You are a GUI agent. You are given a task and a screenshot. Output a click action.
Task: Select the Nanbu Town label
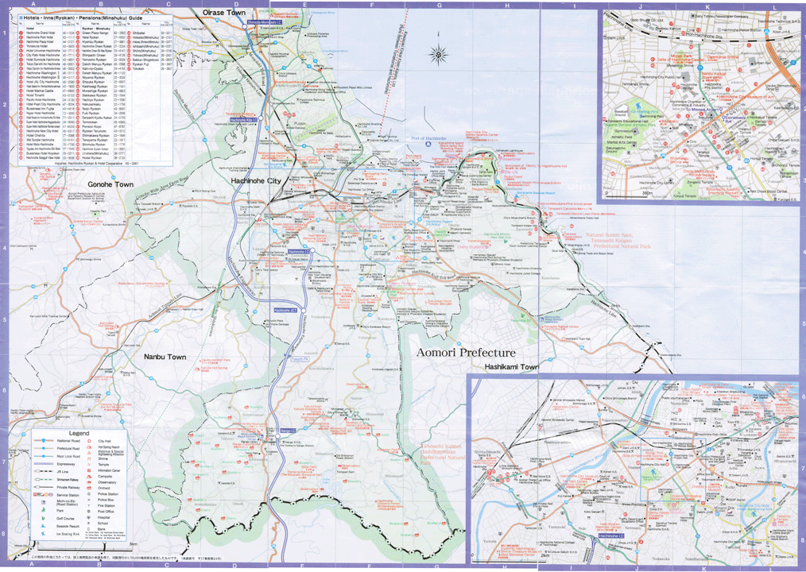pyautogui.click(x=165, y=357)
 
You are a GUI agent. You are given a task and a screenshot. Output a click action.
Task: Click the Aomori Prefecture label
pyautogui.click(x=467, y=352)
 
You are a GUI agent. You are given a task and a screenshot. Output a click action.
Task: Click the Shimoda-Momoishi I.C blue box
pyautogui.click(x=263, y=23)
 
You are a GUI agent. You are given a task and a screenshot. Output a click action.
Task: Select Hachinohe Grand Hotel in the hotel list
pyautogui.click(x=41, y=33)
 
